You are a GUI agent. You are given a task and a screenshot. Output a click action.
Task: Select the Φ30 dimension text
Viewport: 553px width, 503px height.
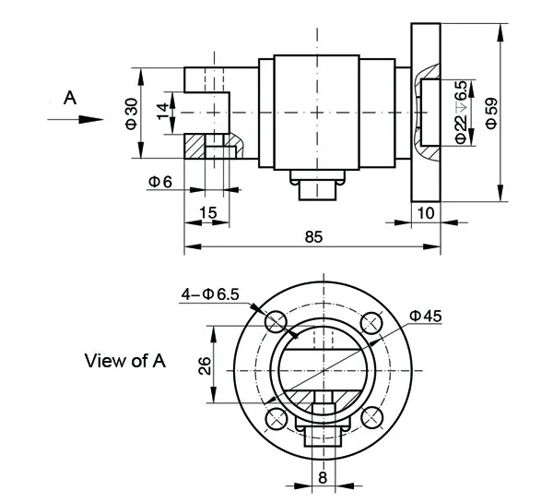pos(131,113)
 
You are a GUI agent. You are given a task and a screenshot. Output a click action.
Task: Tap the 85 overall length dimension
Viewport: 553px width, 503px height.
pos(312,237)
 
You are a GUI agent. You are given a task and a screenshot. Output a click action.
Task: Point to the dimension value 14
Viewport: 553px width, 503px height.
pos(162,113)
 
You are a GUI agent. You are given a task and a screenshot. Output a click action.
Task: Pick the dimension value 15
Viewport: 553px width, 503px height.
pos(208,213)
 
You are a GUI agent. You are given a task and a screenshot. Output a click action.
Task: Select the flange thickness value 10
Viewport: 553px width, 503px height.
pos(424,213)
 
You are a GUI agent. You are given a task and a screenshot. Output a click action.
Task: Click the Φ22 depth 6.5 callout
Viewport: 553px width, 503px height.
pos(461,112)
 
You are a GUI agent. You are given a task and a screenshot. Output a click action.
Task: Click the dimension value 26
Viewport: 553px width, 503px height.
pos(205,365)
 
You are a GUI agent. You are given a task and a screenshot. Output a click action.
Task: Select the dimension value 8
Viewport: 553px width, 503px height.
pos(322,477)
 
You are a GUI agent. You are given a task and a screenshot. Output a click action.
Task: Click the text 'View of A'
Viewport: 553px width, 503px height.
pos(124,361)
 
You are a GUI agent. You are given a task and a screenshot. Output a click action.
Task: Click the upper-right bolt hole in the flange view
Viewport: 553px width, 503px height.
pos(371,322)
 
